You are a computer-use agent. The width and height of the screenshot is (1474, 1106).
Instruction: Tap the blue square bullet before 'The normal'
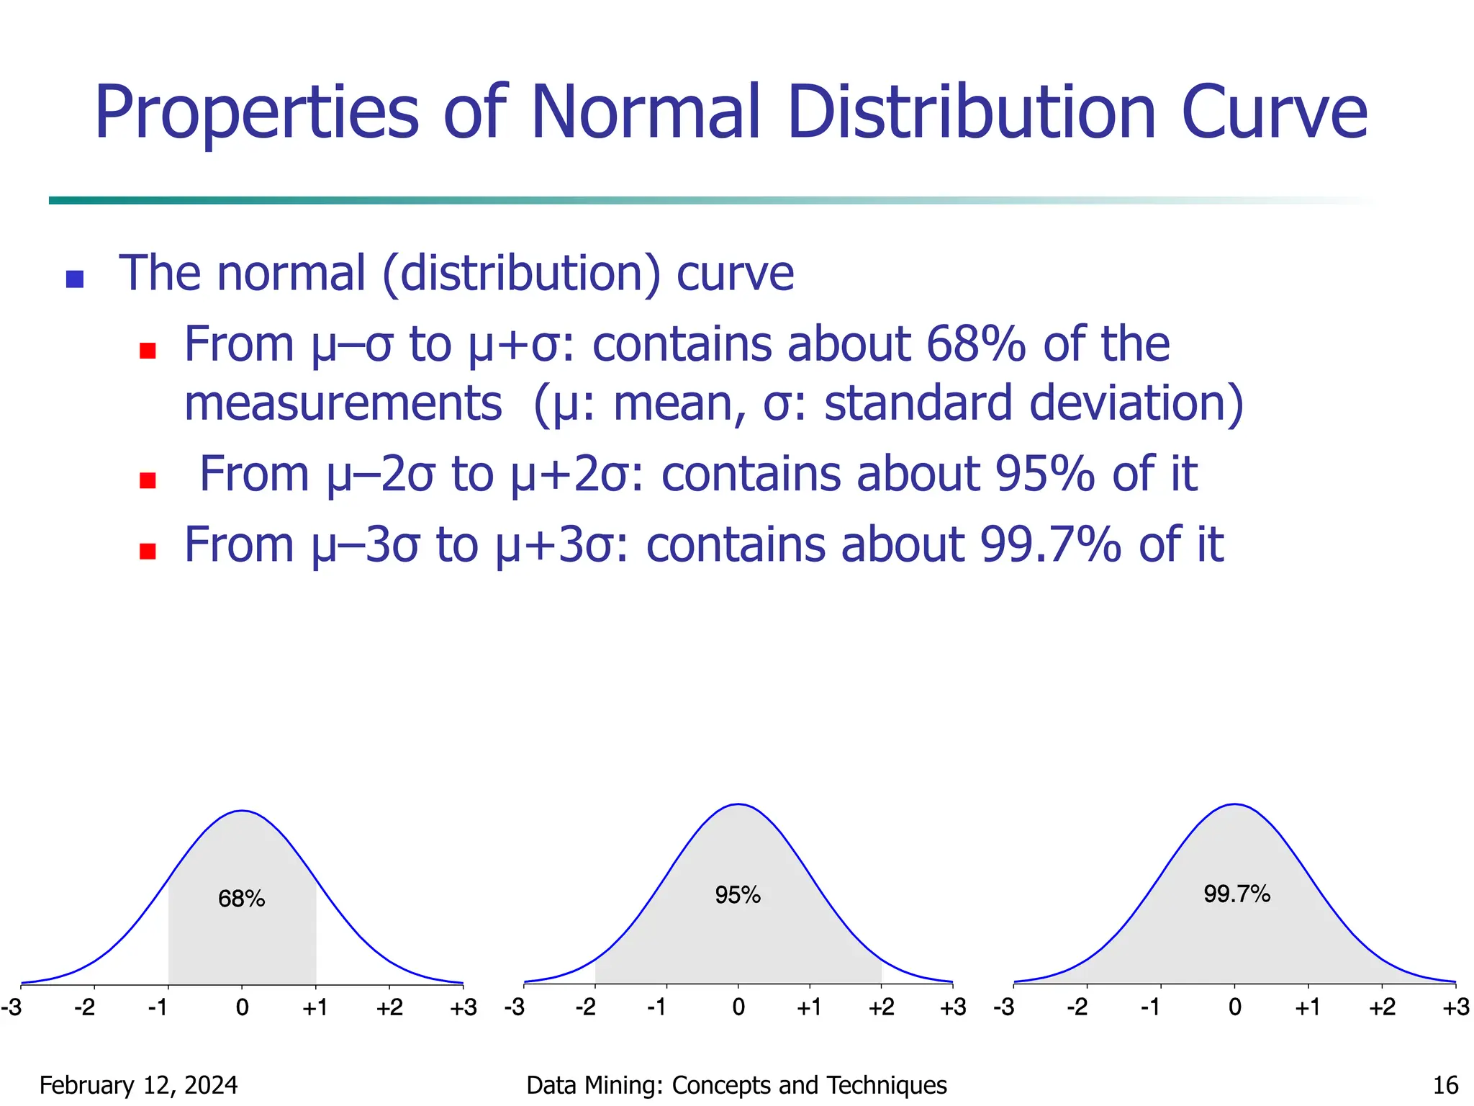click(x=75, y=279)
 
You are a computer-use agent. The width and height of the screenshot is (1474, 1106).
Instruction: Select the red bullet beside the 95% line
click(x=148, y=480)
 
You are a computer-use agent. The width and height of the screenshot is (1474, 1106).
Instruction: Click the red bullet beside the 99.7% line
click(x=148, y=551)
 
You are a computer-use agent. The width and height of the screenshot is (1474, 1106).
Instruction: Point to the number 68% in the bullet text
click(x=975, y=344)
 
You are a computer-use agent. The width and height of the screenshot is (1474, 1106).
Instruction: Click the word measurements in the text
click(x=343, y=403)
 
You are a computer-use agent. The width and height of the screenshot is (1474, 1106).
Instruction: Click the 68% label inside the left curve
click(x=242, y=899)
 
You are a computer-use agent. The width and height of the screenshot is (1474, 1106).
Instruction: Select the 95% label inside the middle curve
click(x=738, y=895)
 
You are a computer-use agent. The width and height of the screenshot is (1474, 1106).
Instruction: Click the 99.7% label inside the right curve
click(x=1236, y=894)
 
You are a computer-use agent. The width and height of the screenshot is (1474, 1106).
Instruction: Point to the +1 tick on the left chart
click(x=315, y=1007)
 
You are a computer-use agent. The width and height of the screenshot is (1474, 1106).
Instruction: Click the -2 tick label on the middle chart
click(x=586, y=1007)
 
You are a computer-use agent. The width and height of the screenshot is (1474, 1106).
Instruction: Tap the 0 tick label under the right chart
click(x=1235, y=1007)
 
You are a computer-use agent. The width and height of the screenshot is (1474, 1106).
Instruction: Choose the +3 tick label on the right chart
click(x=1455, y=1007)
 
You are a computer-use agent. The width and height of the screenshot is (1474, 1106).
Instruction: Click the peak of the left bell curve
click(x=243, y=811)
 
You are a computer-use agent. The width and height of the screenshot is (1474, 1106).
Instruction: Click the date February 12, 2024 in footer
click(x=138, y=1085)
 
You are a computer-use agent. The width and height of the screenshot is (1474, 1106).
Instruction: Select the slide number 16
click(x=1445, y=1085)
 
